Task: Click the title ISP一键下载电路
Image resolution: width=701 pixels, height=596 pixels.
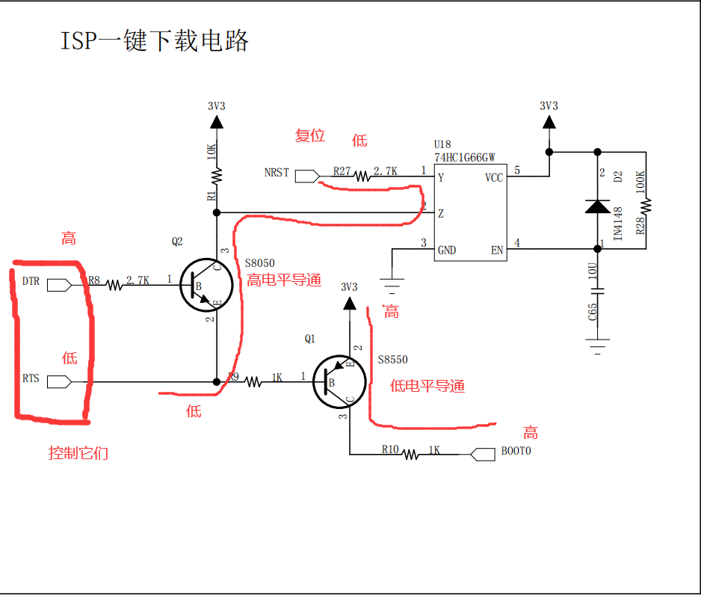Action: tap(154, 40)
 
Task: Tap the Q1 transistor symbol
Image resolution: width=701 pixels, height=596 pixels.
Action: tap(339, 382)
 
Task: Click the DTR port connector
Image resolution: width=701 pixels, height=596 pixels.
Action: tap(58, 284)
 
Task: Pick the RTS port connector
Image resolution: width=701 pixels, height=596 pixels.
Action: tap(58, 382)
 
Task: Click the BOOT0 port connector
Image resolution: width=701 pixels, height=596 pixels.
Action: tap(484, 453)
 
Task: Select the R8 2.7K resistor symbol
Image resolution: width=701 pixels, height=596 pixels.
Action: tap(114, 284)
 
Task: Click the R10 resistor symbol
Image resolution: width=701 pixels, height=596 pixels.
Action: tap(410, 453)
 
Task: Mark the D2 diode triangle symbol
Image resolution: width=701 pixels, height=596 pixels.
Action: tap(597, 206)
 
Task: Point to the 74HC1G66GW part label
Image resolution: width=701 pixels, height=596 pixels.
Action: tap(465, 158)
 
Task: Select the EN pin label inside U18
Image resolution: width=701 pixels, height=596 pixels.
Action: tap(496, 250)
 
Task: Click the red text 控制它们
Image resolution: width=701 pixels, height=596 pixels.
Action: tap(78, 453)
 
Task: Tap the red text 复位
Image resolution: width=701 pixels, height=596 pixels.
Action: tap(310, 135)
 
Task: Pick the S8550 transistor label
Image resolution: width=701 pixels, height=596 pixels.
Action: tap(392, 360)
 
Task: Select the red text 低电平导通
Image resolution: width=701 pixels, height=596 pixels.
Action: tap(427, 386)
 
